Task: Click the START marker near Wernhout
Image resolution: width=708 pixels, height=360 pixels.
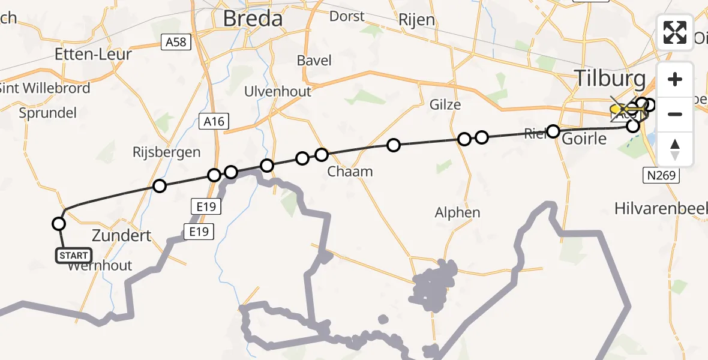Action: click(74, 256)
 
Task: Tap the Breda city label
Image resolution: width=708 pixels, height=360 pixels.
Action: click(253, 19)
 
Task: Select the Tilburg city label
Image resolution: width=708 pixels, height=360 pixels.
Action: click(610, 79)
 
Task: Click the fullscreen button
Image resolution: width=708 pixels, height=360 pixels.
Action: click(675, 32)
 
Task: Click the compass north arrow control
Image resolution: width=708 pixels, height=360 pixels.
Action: click(675, 149)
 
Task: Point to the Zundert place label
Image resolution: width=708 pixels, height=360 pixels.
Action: click(122, 235)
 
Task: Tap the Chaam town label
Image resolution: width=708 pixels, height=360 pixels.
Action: click(350, 172)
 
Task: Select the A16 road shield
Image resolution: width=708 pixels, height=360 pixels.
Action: click(213, 121)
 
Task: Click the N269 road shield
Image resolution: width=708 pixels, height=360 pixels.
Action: click(662, 176)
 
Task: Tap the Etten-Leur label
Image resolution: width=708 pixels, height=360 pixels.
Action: click(93, 54)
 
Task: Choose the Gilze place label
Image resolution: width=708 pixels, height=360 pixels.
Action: click(445, 105)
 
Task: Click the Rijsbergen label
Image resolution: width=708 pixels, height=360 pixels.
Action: click(166, 152)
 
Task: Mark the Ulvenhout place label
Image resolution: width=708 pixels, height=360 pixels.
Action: click(278, 91)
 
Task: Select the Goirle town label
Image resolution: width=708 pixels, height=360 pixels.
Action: click(585, 139)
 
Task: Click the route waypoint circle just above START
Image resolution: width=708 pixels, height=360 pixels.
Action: click(59, 224)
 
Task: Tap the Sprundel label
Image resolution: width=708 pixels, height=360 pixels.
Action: click(48, 113)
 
